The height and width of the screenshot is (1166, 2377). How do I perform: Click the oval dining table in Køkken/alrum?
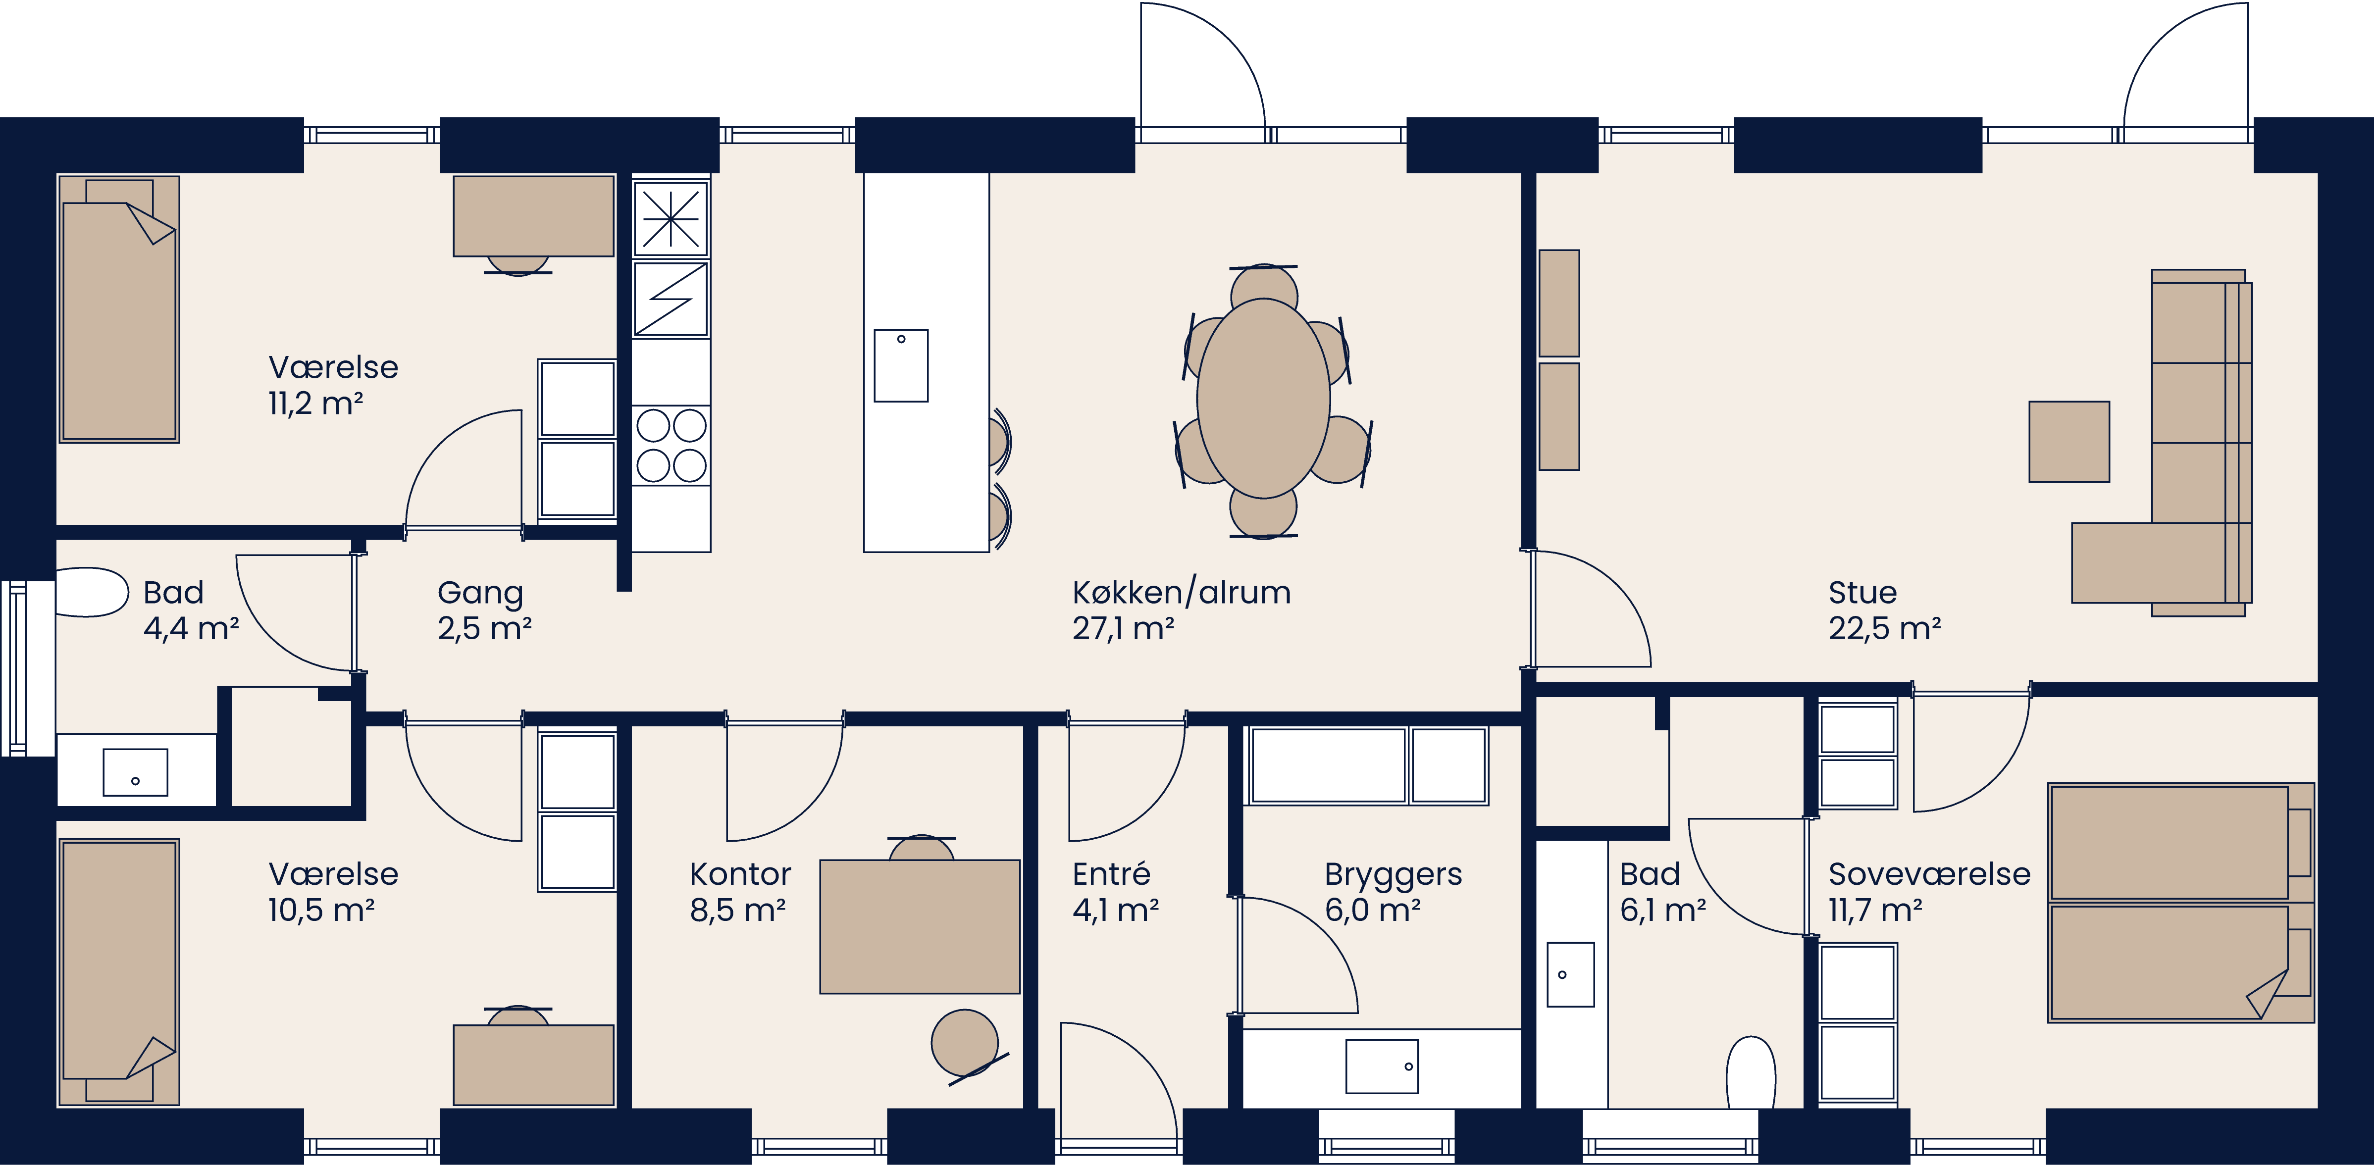pos(1263,399)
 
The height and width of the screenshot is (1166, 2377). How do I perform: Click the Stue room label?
pos(1862,592)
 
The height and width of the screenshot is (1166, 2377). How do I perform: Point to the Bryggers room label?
pos(1393,873)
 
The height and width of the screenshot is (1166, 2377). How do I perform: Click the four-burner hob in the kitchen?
pos(671,446)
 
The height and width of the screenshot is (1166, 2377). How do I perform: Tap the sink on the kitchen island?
pos(901,365)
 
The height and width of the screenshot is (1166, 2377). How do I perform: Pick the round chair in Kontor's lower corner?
pos(964,1042)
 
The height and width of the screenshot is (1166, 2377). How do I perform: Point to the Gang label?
pos(480,592)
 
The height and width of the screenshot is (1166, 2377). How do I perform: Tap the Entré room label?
pos(1111,873)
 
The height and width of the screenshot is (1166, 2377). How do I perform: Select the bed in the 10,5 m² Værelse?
pos(119,971)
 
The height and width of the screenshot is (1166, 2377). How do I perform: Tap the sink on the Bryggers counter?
pos(1381,1066)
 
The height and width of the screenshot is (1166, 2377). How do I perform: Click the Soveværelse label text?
pos(1928,873)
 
